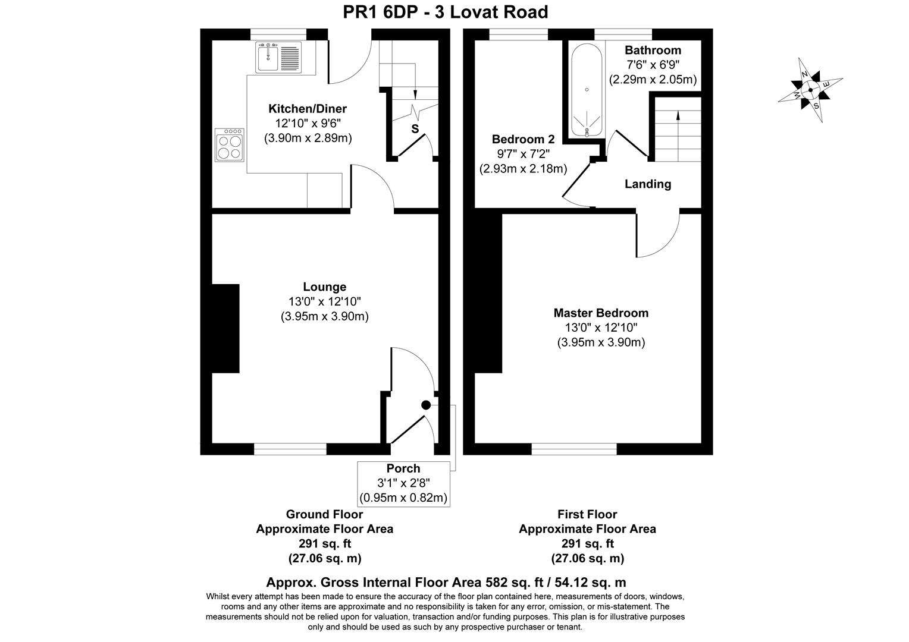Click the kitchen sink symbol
pyautogui.click(x=278, y=57)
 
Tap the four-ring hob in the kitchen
pyautogui.click(x=230, y=144)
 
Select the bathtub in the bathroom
pyautogui.click(x=587, y=90)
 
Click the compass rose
pyautogui.click(x=810, y=90)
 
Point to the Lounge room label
pyautogui.click(x=324, y=287)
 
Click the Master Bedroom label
pyautogui.click(x=601, y=313)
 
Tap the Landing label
pyautogui.click(x=647, y=184)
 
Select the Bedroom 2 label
pyautogui.click(x=523, y=140)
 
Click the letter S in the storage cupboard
pyautogui.click(x=415, y=129)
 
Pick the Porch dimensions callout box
pyautogui.click(x=403, y=483)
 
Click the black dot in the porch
pyautogui.click(x=426, y=405)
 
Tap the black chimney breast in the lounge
pyautogui.click(x=225, y=328)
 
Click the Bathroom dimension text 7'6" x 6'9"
pyautogui.click(x=653, y=65)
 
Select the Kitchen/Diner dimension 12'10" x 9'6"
pyautogui.click(x=308, y=124)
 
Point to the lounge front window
pyautogui.click(x=290, y=449)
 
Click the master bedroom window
pyautogui.click(x=573, y=449)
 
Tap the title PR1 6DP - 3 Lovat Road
pyautogui.click(x=446, y=12)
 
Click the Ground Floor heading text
pyautogui.click(x=324, y=514)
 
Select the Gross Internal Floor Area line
pyautogui.click(x=446, y=583)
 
